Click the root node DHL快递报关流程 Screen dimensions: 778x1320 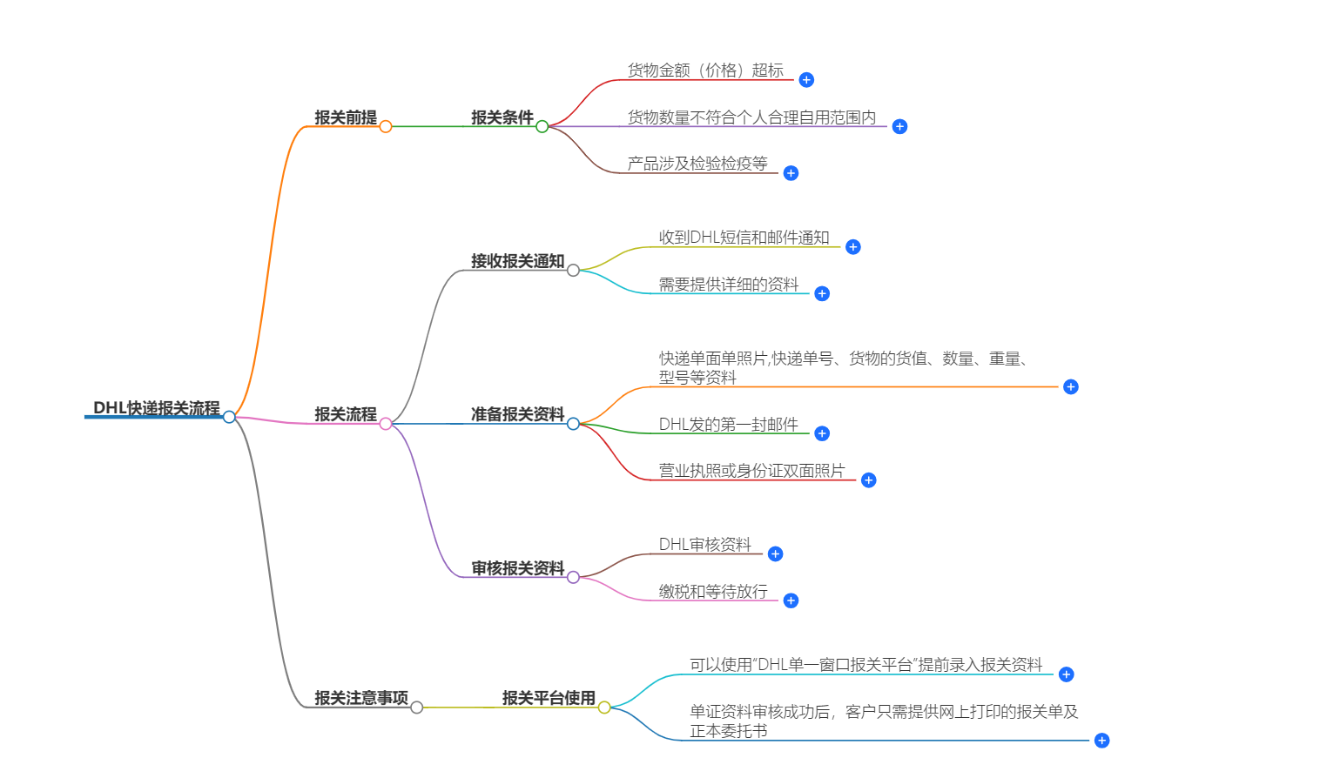click(x=157, y=408)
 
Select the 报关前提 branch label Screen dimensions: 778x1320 click(x=346, y=117)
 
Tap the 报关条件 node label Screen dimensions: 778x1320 click(x=502, y=117)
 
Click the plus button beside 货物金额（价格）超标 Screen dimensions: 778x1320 click(x=806, y=80)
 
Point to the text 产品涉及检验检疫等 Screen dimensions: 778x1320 click(x=697, y=164)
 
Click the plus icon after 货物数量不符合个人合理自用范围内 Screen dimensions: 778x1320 click(x=899, y=127)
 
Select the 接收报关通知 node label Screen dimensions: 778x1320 click(x=517, y=261)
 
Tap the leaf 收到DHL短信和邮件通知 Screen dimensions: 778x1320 click(x=744, y=238)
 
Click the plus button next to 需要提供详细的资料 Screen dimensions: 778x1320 click(x=822, y=294)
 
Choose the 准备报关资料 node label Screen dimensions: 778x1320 click(x=517, y=414)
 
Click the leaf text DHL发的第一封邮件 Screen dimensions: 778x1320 click(x=728, y=425)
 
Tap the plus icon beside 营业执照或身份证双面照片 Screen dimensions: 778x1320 click(x=868, y=480)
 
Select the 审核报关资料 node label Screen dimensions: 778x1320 click(x=517, y=568)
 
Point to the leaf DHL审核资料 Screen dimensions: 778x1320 click(x=704, y=545)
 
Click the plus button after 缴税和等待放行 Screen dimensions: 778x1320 click(x=791, y=601)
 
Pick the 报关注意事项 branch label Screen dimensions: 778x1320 click(x=361, y=698)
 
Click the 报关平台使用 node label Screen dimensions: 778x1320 click(x=549, y=698)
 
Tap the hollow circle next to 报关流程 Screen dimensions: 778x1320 click(x=386, y=424)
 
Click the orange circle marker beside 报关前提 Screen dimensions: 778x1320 click(x=386, y=127)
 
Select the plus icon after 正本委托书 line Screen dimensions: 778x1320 click(x=1101, y=741)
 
